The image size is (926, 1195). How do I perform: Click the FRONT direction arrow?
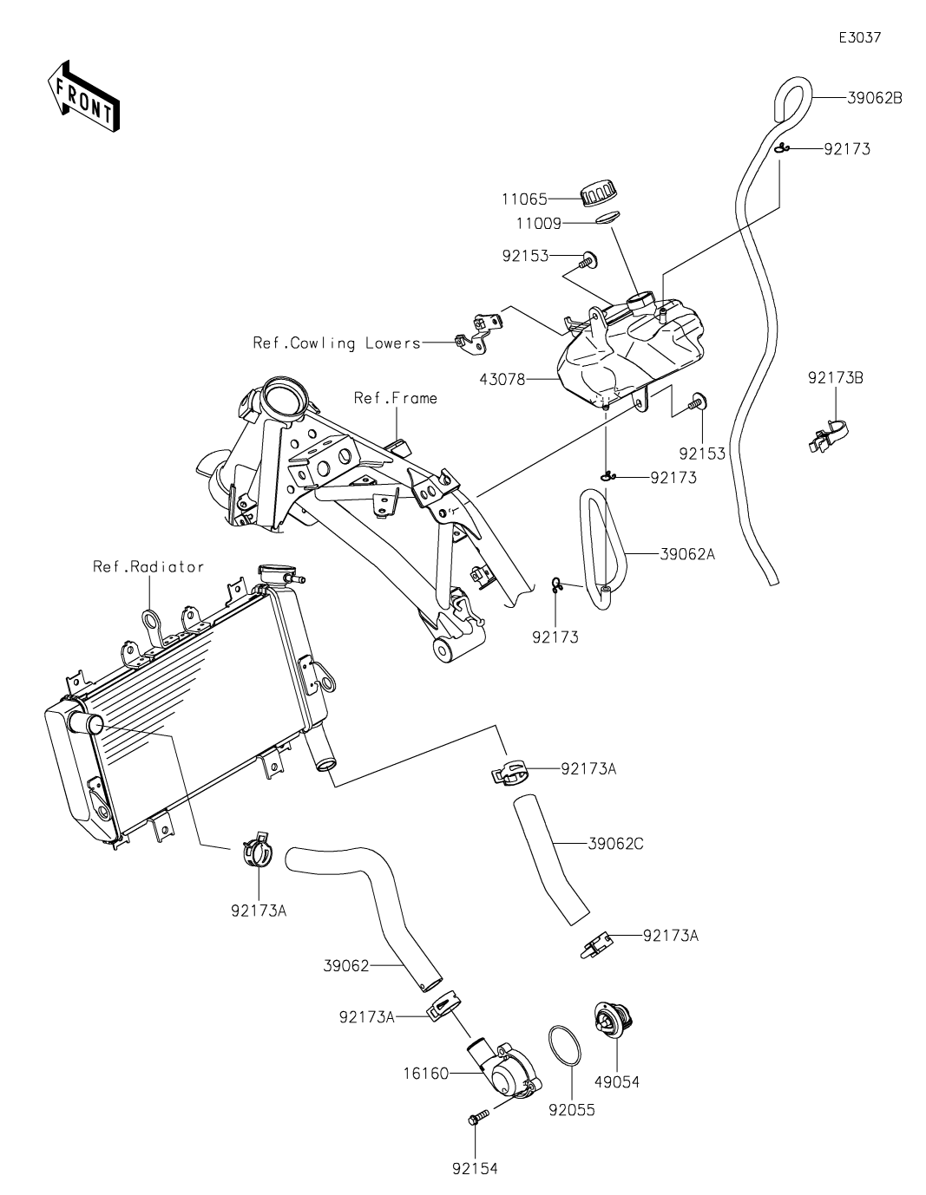[x=83, y=96]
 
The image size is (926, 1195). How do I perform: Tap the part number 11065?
[x=524, y=199]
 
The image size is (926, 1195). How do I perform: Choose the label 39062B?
[x=874, y=98]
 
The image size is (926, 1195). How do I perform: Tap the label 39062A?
[x=687, y=553]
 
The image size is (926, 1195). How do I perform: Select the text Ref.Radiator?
[x=148, y=567]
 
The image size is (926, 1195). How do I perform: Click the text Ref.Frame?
[x=396, y=398]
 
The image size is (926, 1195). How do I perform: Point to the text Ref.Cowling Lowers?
[x=337, y=343]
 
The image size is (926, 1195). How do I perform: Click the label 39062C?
[x=615, y=843]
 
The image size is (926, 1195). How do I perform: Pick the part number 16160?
[x=425, y=1074]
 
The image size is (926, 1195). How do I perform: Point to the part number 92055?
[x=572, y=1109]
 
